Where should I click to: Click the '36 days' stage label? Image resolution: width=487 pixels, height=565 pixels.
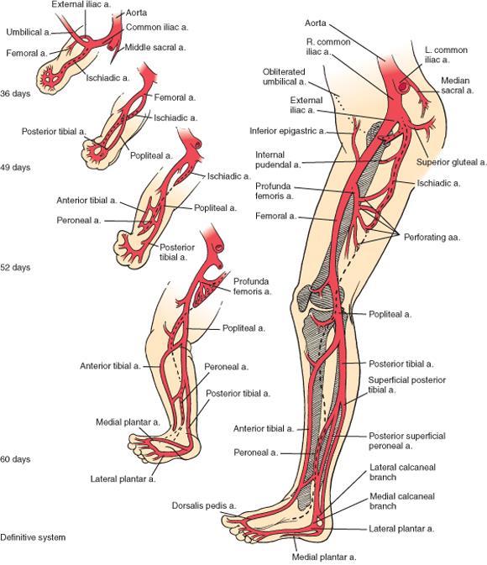tap(15, 94)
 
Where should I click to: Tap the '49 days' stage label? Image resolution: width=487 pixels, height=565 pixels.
tap(15, 168)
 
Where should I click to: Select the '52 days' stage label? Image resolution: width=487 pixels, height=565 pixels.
tap(15, 267)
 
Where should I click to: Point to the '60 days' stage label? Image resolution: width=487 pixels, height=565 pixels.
tap(15, 459)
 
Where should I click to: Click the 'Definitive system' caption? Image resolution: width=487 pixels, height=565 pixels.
tap(33, 537)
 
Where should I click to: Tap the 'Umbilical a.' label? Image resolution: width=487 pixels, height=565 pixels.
tap(29, 32)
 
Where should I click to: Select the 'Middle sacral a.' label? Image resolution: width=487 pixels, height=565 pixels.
tap(155, 47)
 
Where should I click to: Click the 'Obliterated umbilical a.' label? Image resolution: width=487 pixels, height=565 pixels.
tap(284, 76)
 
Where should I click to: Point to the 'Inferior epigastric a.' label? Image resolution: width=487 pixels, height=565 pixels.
tap(287, 131)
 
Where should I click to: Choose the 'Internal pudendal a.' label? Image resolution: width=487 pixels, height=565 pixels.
tap(278, 160)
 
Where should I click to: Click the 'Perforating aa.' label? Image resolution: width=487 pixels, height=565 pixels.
tap(432, 238)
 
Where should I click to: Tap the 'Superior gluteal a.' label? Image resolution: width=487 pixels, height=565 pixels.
tap(451, 162)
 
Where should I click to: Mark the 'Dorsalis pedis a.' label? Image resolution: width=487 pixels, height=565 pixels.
tap(204, 505)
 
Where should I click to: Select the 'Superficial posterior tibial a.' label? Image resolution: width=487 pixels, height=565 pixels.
tap(406, 385)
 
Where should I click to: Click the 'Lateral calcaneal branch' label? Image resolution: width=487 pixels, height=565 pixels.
tap(402, 472)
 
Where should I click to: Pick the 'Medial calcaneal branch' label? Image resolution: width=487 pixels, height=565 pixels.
tap(402, 501)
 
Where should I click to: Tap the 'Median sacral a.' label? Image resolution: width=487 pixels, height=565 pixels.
tap(457, 86)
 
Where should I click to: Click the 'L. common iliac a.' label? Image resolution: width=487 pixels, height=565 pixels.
tap(446, 55)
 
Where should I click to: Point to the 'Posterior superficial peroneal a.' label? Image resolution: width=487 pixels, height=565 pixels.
tap(406, 441)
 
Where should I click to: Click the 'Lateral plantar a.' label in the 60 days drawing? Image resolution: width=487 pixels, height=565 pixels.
tap(123, 479)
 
